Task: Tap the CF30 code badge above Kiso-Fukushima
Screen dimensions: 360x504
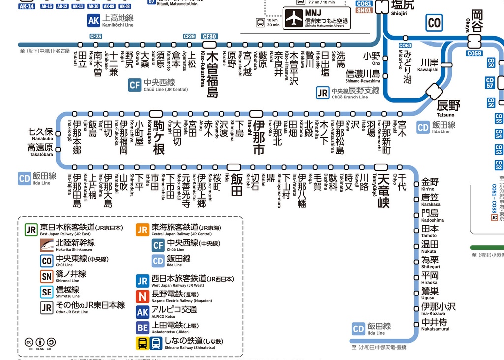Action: (x=209, y=37)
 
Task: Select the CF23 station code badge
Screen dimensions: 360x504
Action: (x=95, y=37)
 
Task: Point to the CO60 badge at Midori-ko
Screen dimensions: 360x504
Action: (x=405, y=45)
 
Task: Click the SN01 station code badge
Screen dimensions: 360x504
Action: (x=364, y=10)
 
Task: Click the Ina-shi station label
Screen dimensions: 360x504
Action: (x=258, y=136)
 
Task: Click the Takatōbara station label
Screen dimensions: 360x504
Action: (x=40, y=150)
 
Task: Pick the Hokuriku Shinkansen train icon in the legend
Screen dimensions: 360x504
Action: (x=47, y=244)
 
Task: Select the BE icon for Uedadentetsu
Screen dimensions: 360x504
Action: (x=142, y=327)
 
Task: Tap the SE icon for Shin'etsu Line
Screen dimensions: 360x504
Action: (x=47, y=292)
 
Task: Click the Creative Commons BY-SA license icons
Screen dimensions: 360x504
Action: (x=39, y=342)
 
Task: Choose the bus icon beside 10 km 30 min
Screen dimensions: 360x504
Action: (x=260, y=22)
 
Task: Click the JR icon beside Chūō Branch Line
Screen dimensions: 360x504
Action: (x=323, y=93)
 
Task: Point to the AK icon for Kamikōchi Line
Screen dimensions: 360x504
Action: (x=94, y=20)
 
